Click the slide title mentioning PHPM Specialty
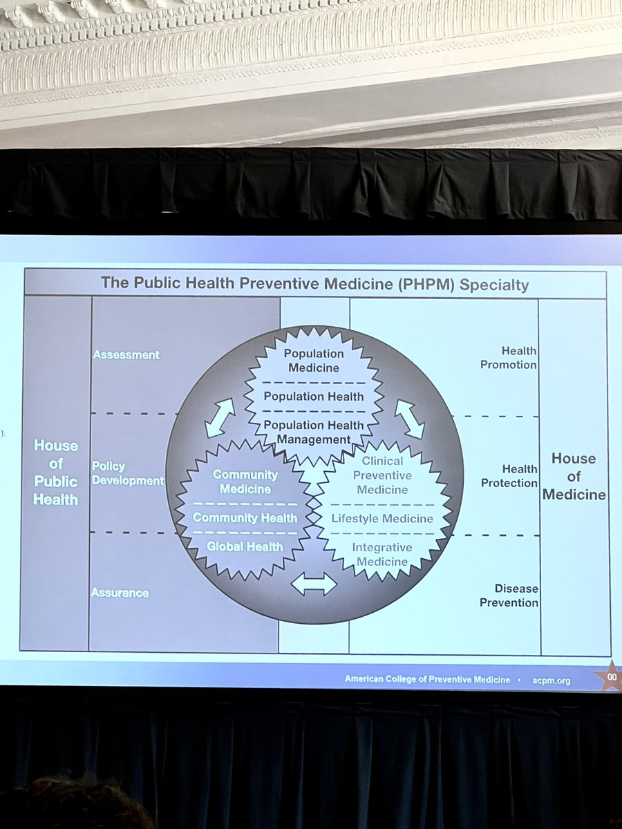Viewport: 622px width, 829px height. click(314, 283)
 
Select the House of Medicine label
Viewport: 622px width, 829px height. click(574, 477)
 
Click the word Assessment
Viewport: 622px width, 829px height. click(126, 355)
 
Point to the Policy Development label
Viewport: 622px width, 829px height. click(127, 474)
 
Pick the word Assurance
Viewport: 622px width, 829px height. click(120, 593)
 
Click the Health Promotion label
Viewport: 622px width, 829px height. click(509, 358)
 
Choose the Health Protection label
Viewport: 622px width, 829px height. click(509, 477)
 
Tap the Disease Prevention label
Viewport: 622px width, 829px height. click(510, 595)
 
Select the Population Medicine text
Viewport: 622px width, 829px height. click(314, 361)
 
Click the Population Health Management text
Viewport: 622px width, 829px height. click(314, 432)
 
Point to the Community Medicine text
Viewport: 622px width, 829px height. click(245, 482)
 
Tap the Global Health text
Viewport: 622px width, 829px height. click(245, 546)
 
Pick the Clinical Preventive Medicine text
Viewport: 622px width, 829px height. click(382, 475)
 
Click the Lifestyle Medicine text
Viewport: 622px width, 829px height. click(382, 518)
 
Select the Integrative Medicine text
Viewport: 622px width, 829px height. click(382, 554)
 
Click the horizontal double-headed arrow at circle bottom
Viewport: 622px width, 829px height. click(313, 584)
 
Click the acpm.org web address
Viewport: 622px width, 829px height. click(551, 680)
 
